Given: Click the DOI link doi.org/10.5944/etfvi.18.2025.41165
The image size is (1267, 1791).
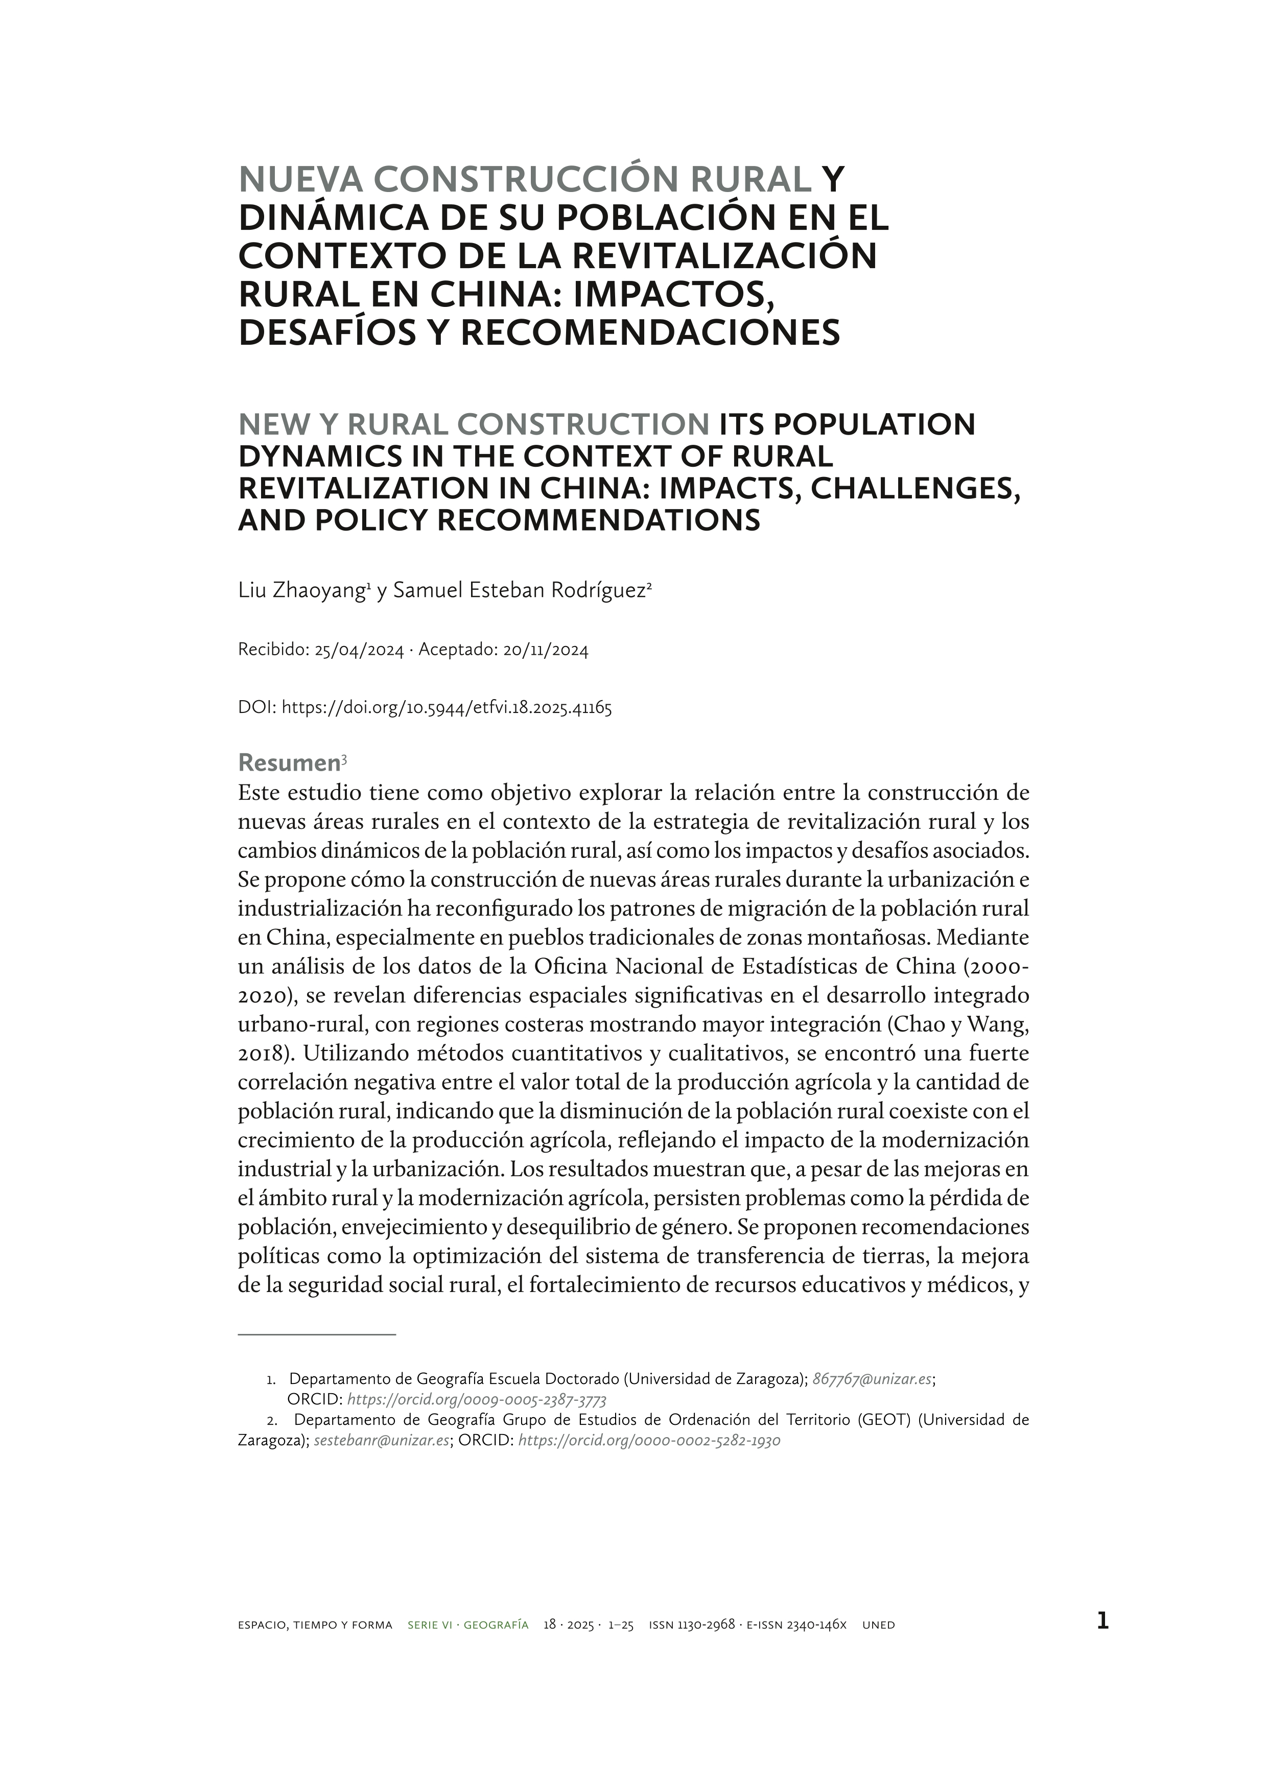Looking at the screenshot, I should coord(446,708).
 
